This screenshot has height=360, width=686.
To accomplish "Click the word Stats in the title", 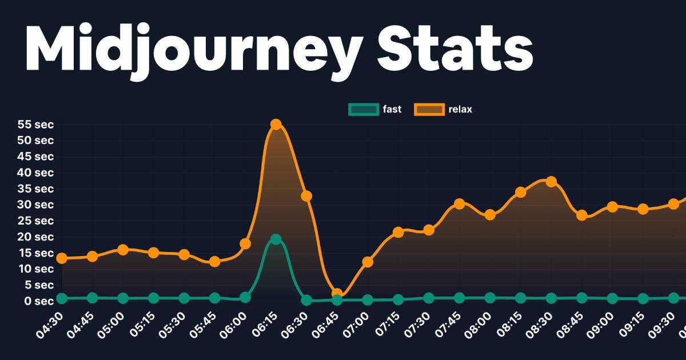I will coord(454,49).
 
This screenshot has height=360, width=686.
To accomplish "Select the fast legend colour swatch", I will coord(363,109).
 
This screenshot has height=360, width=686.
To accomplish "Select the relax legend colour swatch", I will coord(429,109).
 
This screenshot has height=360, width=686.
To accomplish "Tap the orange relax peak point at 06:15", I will coord(276,124).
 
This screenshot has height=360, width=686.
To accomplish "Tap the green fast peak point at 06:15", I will coord(276,239).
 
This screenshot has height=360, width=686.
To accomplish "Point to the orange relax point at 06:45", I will coord(337,294).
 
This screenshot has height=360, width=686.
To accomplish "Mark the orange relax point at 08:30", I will coord(551,182).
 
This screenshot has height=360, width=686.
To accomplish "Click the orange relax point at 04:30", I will coord(62,258).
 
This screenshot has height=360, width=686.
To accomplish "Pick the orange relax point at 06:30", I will coord(306,196).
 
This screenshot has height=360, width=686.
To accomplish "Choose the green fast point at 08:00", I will coord(490,298).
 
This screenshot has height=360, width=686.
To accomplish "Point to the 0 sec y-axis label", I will coord(39,301).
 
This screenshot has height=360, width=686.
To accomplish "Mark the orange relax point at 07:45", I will coord(460,204).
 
